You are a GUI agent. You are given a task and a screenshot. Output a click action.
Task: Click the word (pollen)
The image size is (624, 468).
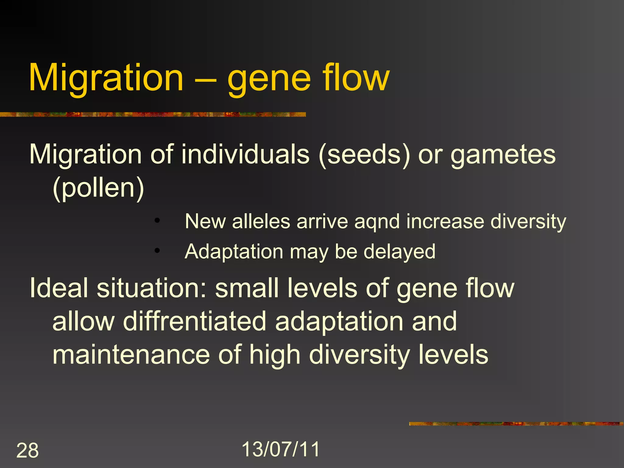click(98, 188)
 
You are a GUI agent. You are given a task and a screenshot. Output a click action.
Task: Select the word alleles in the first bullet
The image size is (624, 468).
click(261, 222)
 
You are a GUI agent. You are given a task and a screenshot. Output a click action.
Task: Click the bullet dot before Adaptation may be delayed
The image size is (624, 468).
click(157, 251)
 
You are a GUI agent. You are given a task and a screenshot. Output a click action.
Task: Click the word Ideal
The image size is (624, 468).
click(59, 288)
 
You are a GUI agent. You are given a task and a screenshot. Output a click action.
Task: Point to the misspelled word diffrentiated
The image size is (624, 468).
click(195, 321)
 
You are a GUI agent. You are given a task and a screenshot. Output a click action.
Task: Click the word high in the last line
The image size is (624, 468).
click(275, 355)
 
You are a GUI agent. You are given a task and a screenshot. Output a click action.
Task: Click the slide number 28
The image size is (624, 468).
click(27, 450)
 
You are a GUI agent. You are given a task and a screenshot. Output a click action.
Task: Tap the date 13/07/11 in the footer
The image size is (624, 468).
click(281, 449)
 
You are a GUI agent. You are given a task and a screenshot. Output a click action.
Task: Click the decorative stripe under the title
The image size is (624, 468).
click(152, 115)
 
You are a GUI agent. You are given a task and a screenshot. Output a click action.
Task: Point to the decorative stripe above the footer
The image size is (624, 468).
click(516, 424)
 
